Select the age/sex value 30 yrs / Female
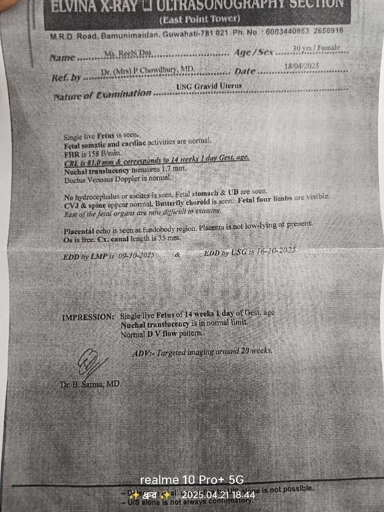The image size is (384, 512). (316, 48)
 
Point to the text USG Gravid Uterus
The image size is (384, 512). (209, 87)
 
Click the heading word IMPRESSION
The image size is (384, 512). (88, 317)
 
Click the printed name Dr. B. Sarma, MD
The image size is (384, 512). (91, 384)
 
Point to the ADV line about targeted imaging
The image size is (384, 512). (202, 353)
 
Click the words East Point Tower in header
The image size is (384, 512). (200, 19)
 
